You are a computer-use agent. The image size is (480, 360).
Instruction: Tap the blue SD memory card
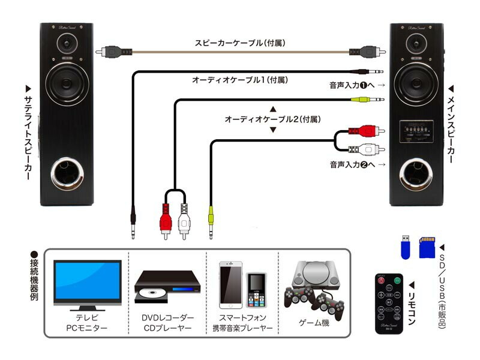(x=427, y=247)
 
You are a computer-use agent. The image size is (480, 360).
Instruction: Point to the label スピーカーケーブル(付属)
(x=239, y=43)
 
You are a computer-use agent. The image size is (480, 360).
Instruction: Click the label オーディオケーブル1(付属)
(x=240, y=80)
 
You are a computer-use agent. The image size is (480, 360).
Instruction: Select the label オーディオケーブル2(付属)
(x=272, y=119)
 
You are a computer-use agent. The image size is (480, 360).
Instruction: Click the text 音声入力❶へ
(x=352, y=86)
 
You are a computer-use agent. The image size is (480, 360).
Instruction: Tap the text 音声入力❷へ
(x=352, y=164)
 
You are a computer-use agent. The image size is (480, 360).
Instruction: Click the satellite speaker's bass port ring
(x=67, y=174)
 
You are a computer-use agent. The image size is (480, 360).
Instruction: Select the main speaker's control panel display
(x=416, y=129)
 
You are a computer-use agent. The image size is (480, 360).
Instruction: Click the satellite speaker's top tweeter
(x=67, y=44)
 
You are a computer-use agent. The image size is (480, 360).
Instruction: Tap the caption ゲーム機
(x=314, y=323)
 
